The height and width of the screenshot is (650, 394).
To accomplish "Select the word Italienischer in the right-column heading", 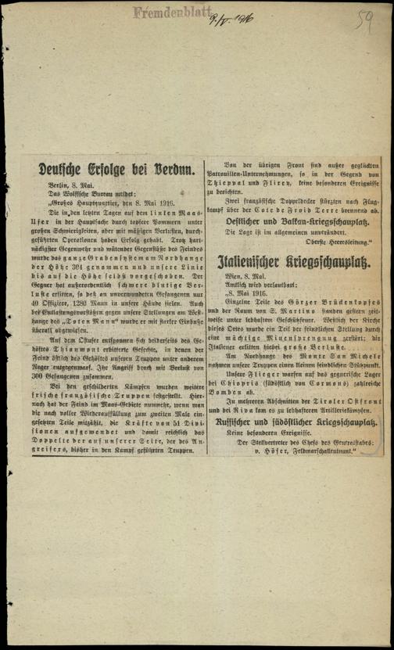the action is pos(253,259).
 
